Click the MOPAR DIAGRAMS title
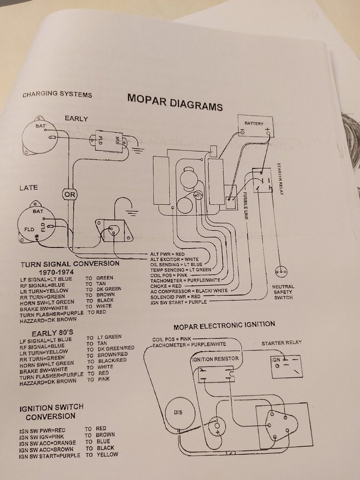pos(174,102)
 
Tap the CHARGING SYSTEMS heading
pos(57,95)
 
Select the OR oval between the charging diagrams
pos(70,194)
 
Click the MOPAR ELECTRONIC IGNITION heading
pos(224,324)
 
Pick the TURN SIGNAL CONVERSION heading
pos(70,263)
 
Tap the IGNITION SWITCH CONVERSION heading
pos(51,412)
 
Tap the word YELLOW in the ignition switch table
pos(107,455)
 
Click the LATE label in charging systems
pos(29,188)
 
